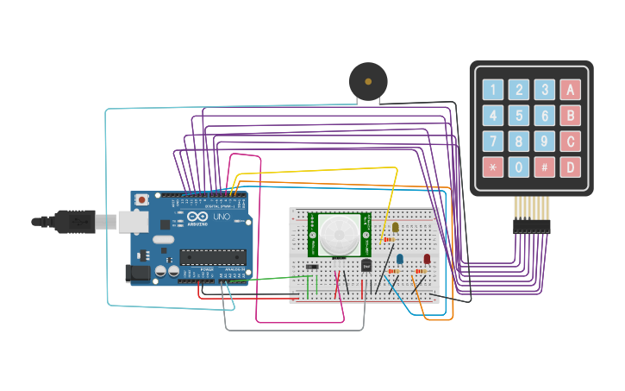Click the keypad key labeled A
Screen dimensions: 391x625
pyautogui.click(x=570, y=90)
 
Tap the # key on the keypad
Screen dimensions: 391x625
pyautogui.click(x=544, y=167)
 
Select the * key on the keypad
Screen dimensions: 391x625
pyautogui.click(x=492, y=167)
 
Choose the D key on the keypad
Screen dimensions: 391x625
pyautogui.click(x=570, y=167)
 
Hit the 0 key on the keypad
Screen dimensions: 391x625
pyautogui.click(x=518, y=167)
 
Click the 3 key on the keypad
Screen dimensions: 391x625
pyautogui.click(x=544, y=90)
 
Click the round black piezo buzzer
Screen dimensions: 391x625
pyautogui.click(x=368, y=82)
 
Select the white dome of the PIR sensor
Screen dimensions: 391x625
pyautogui.click(x=341, y=234)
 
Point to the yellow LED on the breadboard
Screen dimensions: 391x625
pyautogui.click(x=396, y=228)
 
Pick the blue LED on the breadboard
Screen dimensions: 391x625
pyautogui.click(x=399, y=258)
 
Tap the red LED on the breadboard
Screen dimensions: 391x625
pyautogui.click(x=427, y=258)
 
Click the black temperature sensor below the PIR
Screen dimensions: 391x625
pyautogui.click(x=366, y=265)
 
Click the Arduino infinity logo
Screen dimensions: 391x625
pyautogui.click(x=195, y=218)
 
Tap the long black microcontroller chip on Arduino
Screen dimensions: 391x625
pyautogui.click(x=213, y=256)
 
